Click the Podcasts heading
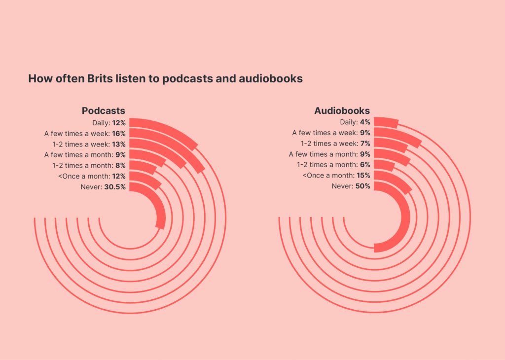click(x=104, y=111)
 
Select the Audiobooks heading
click(x=342, y=111)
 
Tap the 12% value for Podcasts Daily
click(x=119, y=123)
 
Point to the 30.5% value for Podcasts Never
click(x=114, y=187)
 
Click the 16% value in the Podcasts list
click(x=119, y=134)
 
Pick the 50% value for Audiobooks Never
click(x=363, y=186)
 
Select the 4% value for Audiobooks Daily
click(x=365, y=122)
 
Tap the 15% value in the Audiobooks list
click(x=363, y=176)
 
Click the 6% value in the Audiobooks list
click(x=365, y=165)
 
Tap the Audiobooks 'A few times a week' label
click(x=325, y=133)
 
